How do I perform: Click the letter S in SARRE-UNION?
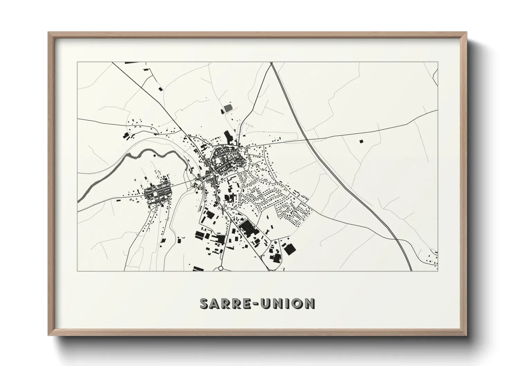[x=205, y=303]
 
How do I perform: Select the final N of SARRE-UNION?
[x=310, y=303]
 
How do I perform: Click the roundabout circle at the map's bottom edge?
[x=221, y=268]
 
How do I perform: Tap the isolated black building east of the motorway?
[x=362, y=141]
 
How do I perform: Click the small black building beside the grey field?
[x=222, y=111]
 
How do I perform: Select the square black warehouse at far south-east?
[x=290, y=249]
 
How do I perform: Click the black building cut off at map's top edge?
[x=131, y=63]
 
